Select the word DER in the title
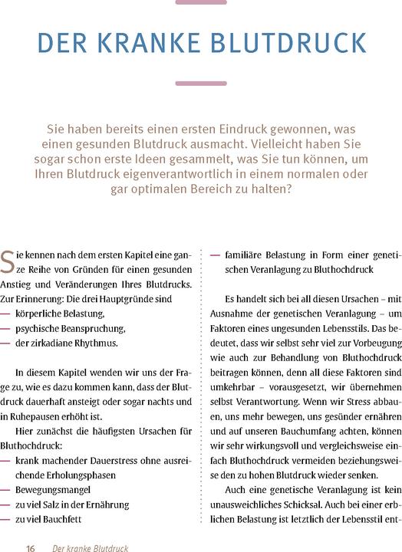(x=64, y=44)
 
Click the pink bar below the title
(x=201, y=83)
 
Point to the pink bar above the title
(x=201, y=2)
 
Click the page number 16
(x=31, y=547)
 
